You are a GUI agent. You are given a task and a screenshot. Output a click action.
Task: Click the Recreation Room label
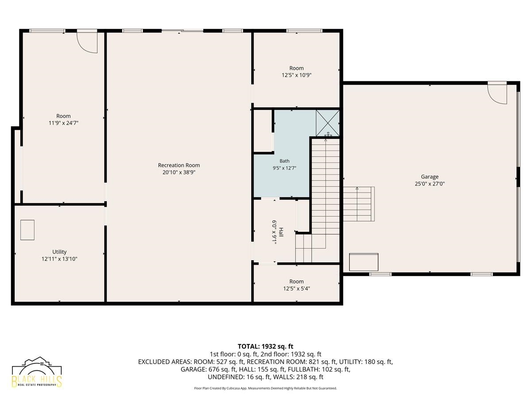coord(179,165)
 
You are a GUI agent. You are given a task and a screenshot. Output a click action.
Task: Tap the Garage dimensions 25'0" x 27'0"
coord(430,184)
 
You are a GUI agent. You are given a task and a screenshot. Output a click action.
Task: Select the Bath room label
coord(285,161)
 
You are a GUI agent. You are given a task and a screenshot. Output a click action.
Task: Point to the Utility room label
coord(59,252)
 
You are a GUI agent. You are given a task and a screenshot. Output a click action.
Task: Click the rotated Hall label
coord(281,232)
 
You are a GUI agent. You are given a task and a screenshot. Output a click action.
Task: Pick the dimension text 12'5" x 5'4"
coord(296,289)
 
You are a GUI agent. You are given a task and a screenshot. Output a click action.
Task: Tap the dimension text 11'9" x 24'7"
coord(63,123)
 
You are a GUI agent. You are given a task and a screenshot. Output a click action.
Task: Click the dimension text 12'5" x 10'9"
coord(296,75)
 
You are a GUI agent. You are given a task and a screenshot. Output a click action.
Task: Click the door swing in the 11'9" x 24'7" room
coord(87,43)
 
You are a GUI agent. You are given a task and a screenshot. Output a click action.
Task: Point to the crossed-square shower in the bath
coord(327,123)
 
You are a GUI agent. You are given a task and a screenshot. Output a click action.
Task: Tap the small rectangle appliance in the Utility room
coord(27,230)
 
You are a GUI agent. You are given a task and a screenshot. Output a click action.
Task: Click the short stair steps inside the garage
coord(359,204)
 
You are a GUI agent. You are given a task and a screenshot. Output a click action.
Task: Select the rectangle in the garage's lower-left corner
coord(364,262)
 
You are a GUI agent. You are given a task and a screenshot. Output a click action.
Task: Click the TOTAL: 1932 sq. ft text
coord(265,346)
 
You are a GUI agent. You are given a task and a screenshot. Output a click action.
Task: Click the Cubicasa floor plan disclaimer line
coord(265,388)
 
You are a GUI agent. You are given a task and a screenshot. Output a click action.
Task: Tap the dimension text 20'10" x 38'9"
coord(179,172)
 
